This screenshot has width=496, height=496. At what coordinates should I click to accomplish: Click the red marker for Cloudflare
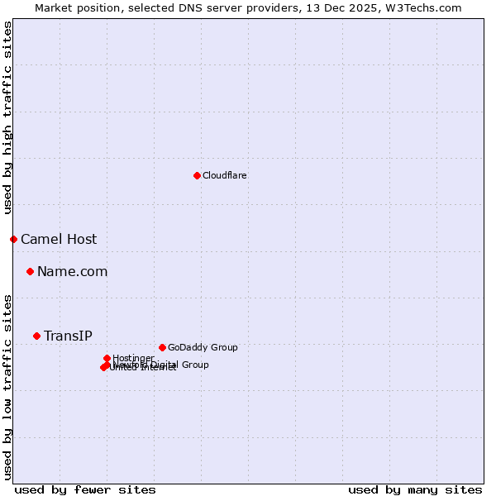coord(197,175)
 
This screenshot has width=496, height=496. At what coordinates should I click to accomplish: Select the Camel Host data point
coord(13,239)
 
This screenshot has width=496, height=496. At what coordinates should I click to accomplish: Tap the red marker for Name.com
coord(30,271)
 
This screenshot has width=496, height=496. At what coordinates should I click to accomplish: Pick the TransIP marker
coord(36,336)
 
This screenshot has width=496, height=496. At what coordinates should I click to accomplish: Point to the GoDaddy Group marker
coord(162,347)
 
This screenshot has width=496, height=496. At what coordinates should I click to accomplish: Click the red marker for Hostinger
coord(107,358)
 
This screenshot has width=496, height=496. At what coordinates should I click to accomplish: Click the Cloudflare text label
coord(225,175)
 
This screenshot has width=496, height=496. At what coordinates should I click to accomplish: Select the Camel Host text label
coord(59,240)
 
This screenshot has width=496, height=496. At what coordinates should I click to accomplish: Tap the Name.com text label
coord(73,272)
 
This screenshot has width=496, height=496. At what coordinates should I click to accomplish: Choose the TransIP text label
coord(68,336)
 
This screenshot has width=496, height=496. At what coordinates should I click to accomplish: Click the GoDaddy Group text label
coord(203,348)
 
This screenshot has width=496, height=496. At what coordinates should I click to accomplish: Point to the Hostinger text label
coord(133,358)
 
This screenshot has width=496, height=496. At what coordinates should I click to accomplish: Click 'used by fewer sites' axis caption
coord(85,489)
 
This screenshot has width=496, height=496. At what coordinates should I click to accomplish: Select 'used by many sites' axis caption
coord(415,489)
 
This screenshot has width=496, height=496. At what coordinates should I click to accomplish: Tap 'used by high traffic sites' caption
coord(7,117)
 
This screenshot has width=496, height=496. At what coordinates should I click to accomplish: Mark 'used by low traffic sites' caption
coord(7,386)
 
